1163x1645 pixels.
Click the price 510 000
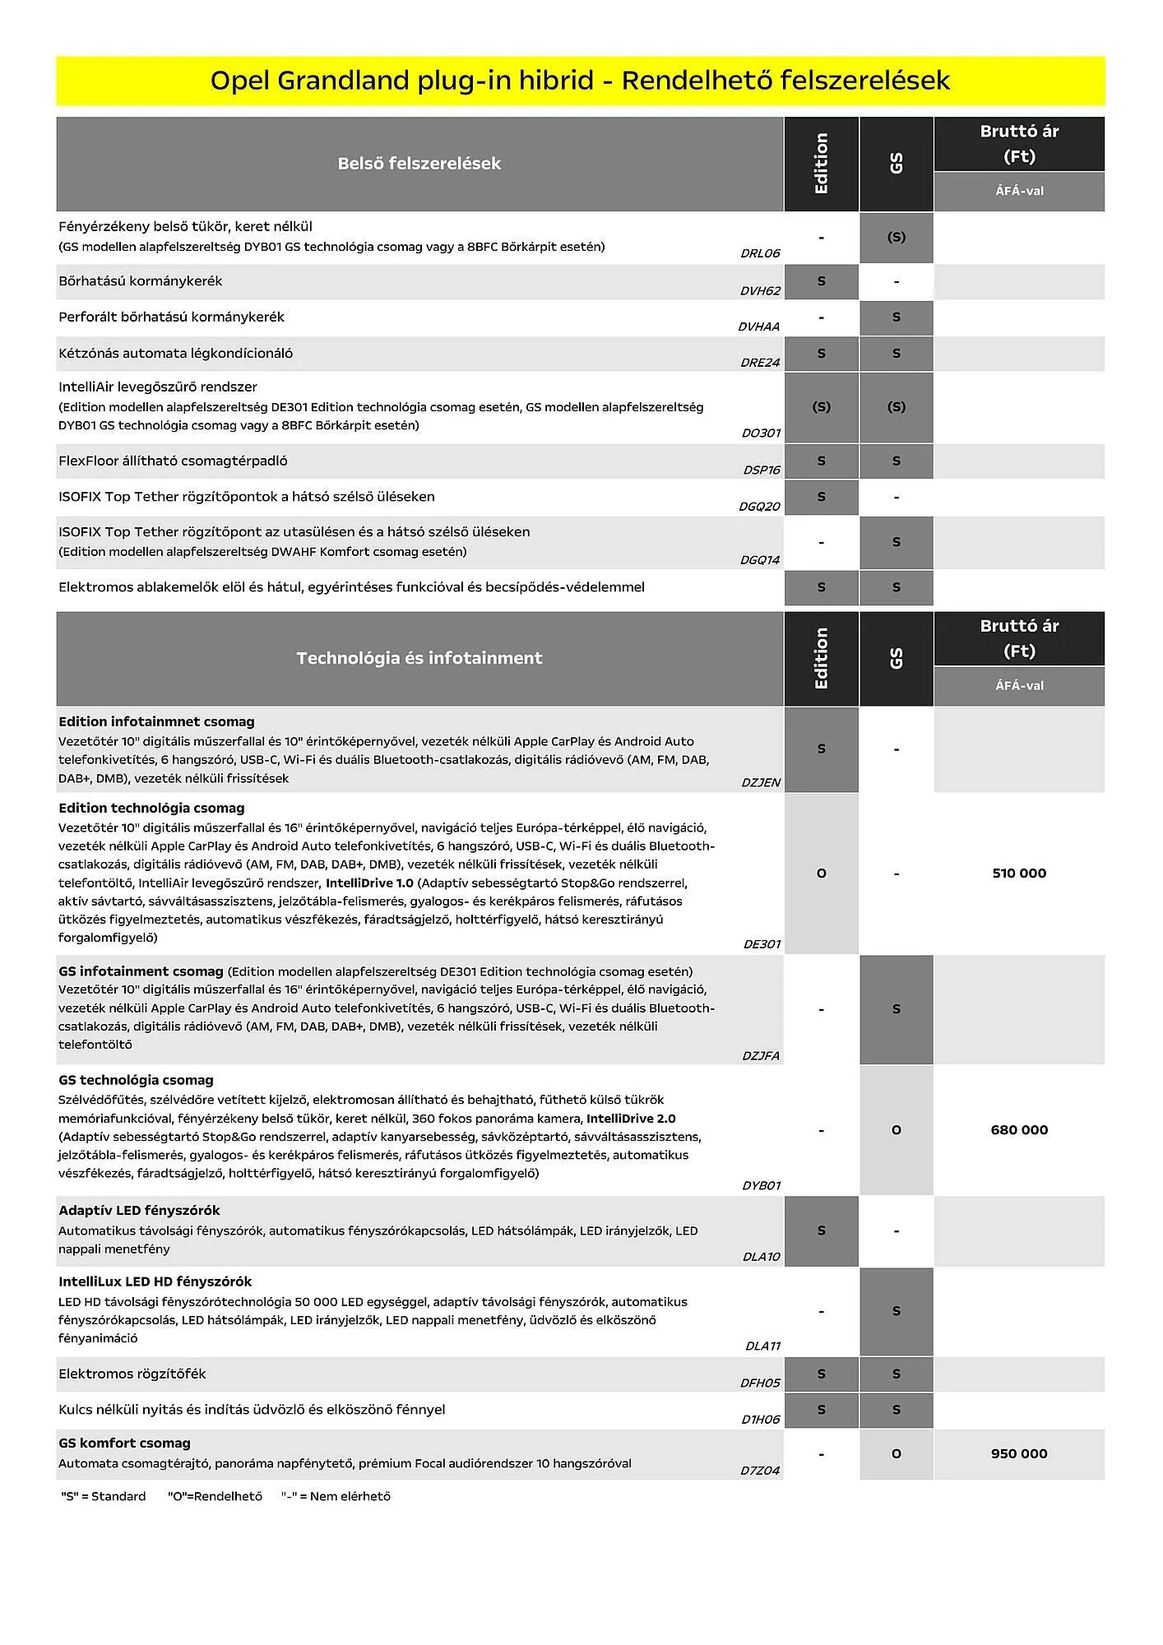1019,873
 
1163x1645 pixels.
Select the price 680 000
1019,1130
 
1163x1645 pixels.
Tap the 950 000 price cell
1019,1453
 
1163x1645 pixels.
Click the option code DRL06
760,253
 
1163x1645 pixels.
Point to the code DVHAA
758,327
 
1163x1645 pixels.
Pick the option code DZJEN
761,782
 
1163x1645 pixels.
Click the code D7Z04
760,1471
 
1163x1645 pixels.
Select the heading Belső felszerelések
419,164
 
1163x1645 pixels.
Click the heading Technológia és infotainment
419,658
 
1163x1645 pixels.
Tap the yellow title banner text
580,81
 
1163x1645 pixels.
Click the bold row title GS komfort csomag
124,1443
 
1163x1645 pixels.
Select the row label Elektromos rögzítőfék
132,1374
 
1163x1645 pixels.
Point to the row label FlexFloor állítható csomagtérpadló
173,461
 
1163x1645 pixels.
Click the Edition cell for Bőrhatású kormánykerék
821,281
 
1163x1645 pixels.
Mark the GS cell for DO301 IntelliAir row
896,407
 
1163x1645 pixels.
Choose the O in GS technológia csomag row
896,1130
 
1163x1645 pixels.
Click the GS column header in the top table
896,164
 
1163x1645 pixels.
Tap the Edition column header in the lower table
821,658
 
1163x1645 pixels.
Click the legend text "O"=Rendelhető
215,1496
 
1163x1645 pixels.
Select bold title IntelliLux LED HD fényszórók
155,1281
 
